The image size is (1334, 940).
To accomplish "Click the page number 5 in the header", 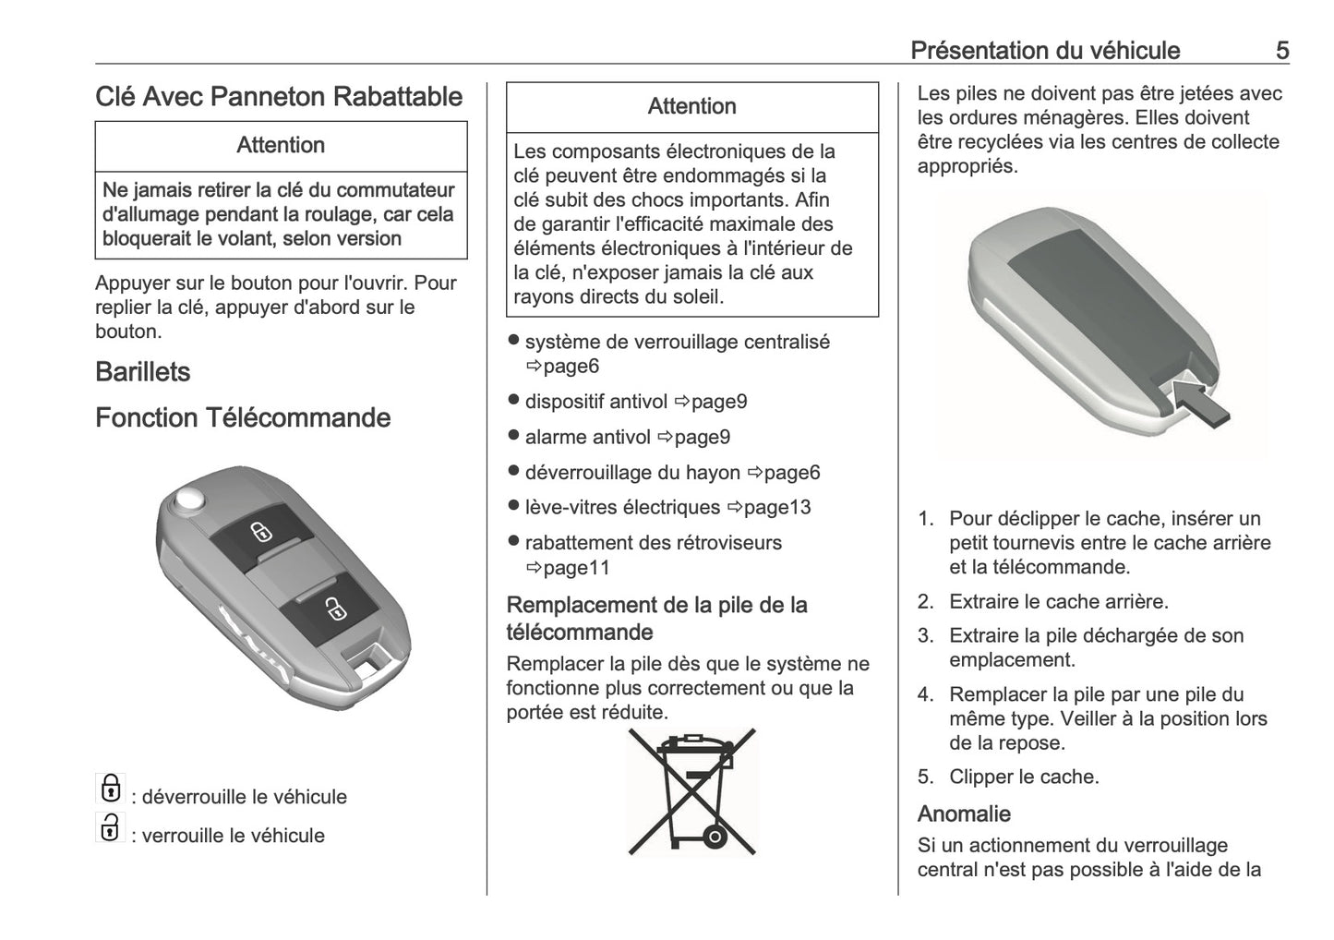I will [1281, 50].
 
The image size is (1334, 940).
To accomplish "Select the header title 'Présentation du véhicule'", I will [1044, 50].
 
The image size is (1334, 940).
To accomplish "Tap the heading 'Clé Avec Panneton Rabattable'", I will [279, 97].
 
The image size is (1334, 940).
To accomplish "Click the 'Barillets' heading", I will [142, 372].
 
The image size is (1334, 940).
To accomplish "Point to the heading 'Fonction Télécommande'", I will [243, 418].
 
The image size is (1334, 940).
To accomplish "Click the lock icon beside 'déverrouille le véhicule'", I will [110, 789].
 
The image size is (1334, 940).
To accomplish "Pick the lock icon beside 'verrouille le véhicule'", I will [110, 827].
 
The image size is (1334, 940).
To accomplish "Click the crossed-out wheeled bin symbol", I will [691, 790].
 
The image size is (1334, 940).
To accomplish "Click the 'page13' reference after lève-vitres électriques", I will [776, 508].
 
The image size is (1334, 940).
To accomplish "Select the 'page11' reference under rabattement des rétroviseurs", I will [575, 568].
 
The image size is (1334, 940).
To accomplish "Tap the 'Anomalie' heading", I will [963, 813].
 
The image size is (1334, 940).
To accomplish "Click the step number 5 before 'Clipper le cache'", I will [925, 777].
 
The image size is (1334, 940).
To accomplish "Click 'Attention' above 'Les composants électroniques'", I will [691, 107].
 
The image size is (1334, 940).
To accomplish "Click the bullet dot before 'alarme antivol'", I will [514, 436].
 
